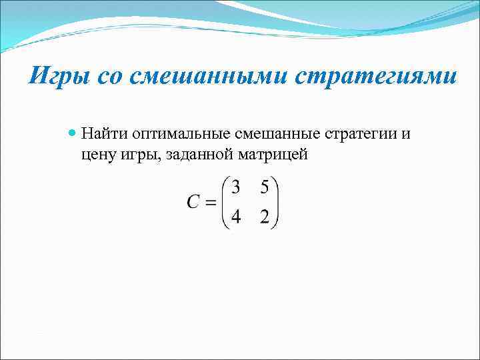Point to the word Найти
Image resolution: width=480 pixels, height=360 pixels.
click(x=101, y=133)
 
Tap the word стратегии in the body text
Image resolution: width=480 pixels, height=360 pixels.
click(x=360, y=133)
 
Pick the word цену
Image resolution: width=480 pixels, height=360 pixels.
click(x=98, y=155)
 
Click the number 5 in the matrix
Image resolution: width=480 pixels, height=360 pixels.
click(x=265, y=188)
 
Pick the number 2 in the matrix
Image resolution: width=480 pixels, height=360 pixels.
click(x=265, y=219)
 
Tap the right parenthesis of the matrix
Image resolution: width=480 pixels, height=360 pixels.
click(x=276, y=203)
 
